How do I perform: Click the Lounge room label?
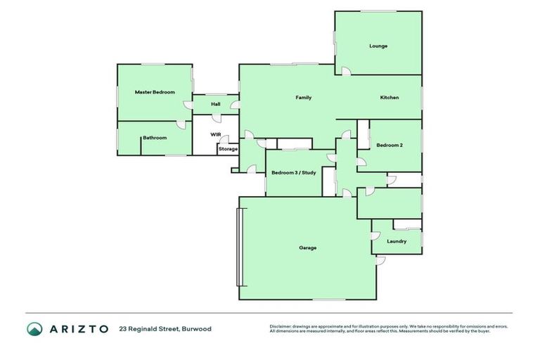tap(378, 46)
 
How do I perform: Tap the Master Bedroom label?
tap(155, 92)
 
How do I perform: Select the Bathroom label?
tap(155, 138)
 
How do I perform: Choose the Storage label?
tap(228, 149)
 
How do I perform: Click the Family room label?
tap(303, 98)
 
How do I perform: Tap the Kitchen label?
tap(390, 98)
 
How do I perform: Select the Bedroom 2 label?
tap(389, 146)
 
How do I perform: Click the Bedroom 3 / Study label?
tap(294, 172)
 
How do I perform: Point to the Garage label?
tap(307, 247)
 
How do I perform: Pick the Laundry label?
tap(397, 241)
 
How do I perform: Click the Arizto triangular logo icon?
tap(34, 328)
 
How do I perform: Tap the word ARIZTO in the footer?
tap(78, 328)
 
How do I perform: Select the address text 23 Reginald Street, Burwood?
tap(165, 328)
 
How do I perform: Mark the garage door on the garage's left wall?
tap(239, 247)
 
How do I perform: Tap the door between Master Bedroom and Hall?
tap(188, 105)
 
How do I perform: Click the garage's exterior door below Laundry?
tap(380, 261)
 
